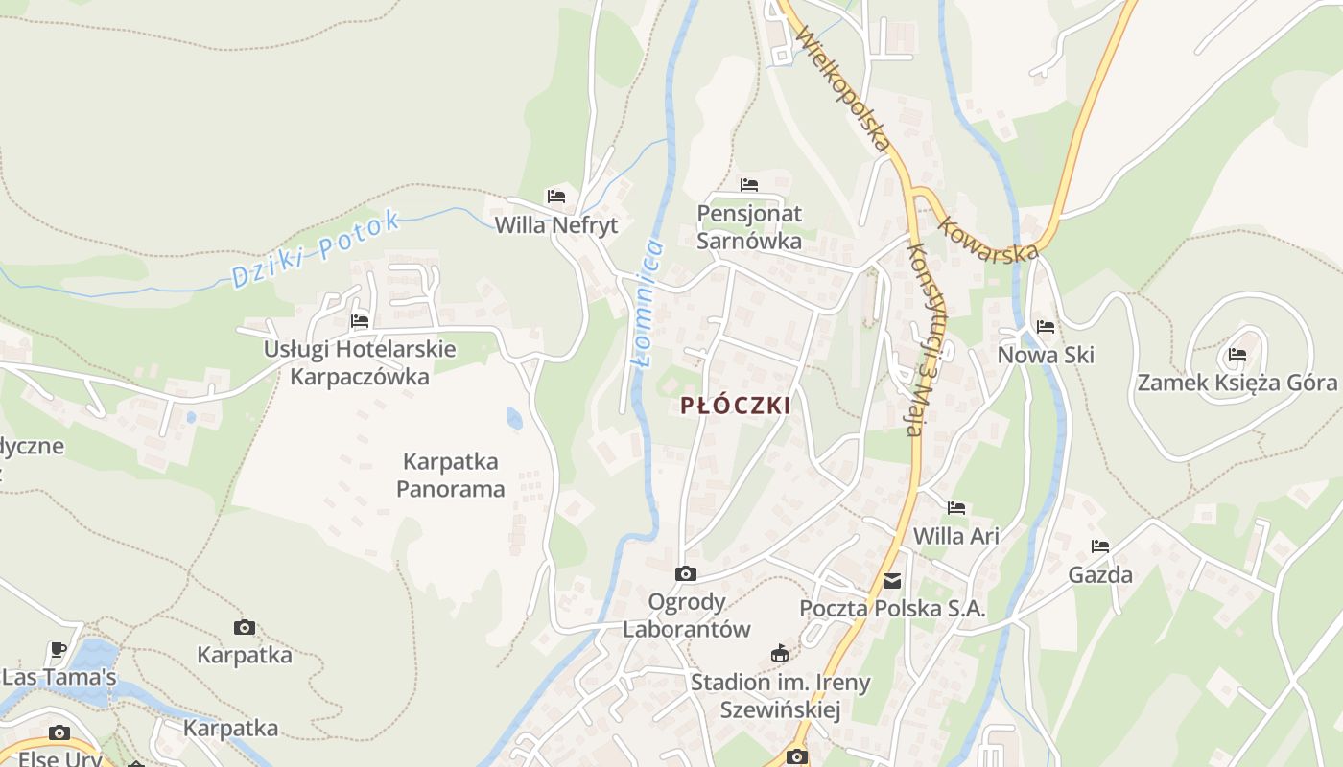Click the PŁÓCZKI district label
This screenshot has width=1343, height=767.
tap(736, 406)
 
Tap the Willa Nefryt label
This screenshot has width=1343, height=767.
tap(556, 225)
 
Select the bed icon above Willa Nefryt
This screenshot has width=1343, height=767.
tap(556, 197)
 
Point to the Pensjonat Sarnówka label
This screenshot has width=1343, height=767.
tap(749, 227)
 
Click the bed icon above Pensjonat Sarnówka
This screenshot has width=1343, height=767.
tap(749, 184)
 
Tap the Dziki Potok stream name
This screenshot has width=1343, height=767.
tap(316, 248)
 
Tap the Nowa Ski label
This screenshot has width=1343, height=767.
tap(1046, 356)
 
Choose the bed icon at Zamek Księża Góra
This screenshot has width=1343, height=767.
tap(1237, 355)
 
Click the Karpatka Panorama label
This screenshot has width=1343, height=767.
tap(451, 476)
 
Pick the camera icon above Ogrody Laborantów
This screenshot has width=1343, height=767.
tap(686, 573)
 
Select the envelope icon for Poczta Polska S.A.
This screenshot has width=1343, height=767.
tap(892, 580)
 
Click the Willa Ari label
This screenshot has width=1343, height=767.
tap(956, 536)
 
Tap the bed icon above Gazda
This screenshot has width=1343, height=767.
tap(1100, 546)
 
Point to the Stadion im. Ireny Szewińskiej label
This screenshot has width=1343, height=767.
tap(781, 696)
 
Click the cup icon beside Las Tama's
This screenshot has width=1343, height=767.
tap(59, 649)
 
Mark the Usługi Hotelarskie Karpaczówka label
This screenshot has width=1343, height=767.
tap(360, 362)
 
